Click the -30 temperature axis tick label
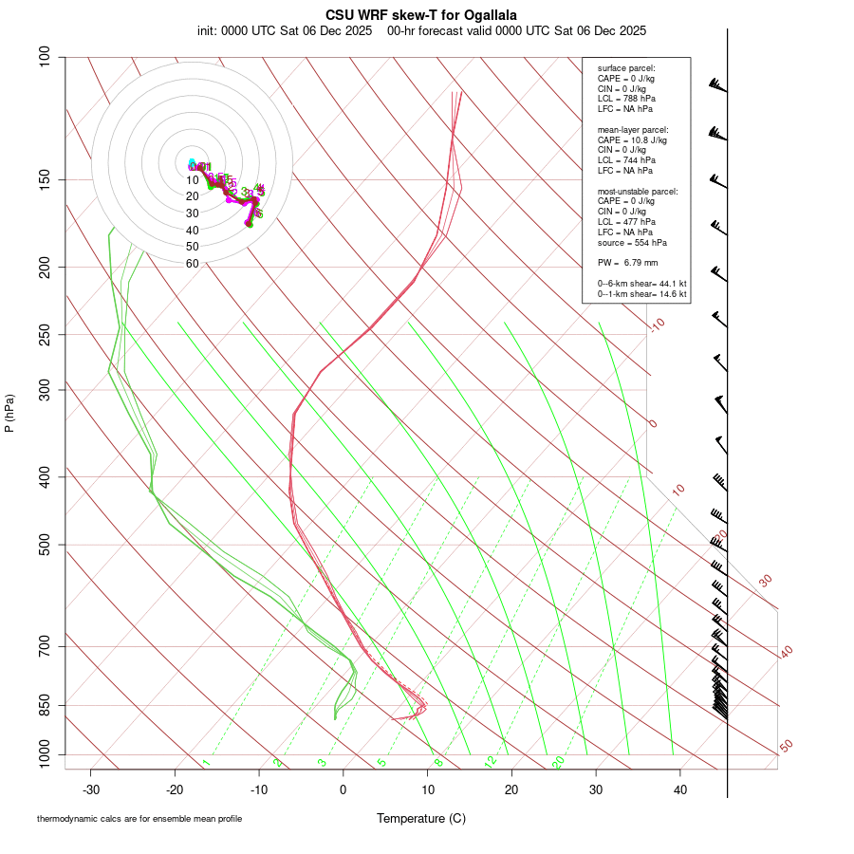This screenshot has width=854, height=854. tap(91, 789)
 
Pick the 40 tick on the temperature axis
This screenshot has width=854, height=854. tap(679, 789)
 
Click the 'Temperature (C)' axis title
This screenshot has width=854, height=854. tap(421, 818)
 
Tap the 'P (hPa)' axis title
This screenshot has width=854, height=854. tap(9, 413)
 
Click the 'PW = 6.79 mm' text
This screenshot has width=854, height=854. tap(627, 262)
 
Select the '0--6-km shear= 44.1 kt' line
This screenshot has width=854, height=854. tap(641, 284)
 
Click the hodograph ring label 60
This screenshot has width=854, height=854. tap(193, 264)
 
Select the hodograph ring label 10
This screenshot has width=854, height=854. tap(193, 180)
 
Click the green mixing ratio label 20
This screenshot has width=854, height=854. tap(559, 762)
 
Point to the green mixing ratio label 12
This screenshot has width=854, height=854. tap(491, 762)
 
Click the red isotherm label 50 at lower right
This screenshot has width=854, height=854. tap(786, 747)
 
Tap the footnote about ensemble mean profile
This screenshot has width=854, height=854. tap(139, 818)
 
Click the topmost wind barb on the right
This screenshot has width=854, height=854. tap(718, 85)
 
